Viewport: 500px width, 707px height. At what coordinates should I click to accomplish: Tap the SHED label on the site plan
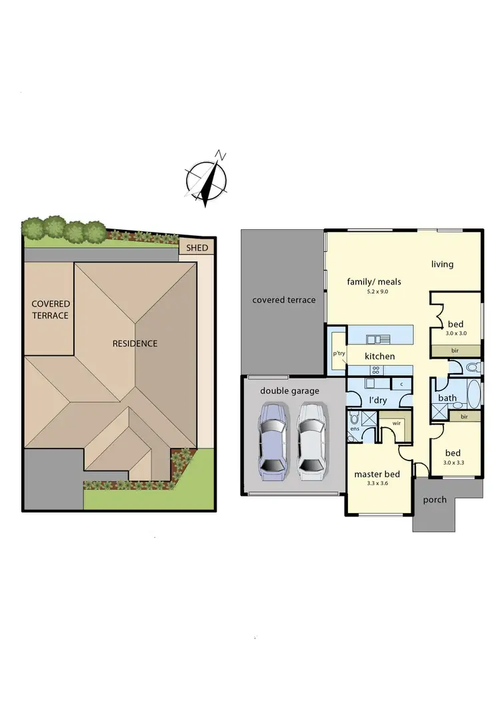(x=197, y=248)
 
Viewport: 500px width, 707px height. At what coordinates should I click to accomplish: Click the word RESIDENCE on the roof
(x=135, y=344)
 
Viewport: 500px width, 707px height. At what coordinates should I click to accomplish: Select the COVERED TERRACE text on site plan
(x=51, y=310)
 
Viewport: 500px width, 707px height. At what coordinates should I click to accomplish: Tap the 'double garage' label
(x=289, y=391)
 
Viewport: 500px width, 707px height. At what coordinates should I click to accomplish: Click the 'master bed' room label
(x=377, y=474)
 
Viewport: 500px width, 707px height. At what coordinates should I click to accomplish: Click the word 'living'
(x=442, y=265)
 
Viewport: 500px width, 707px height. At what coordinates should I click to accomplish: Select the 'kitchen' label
(x=379, y=356)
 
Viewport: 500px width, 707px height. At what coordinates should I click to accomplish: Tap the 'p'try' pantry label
(x=338, y=354)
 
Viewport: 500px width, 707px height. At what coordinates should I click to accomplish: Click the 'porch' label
(x=435, y=500)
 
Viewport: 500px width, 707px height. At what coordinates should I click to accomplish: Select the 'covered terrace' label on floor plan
(x=283, y=300)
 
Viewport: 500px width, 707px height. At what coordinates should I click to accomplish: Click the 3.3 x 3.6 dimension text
(x=377, y=484)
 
